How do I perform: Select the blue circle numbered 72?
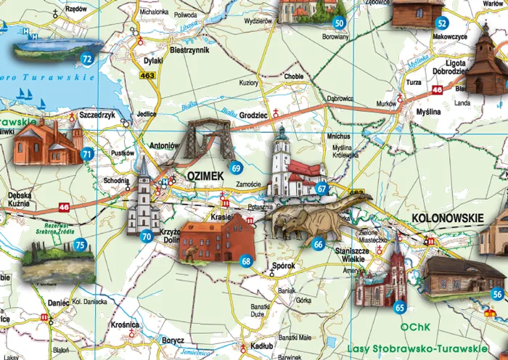pyautogui.click(x=87, y=59)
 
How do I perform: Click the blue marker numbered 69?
pyautogui.click(x=236, y=168)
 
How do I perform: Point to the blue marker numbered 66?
pyautogui.click(x=318, y=245)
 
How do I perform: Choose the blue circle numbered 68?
pyautogui.click(x=247, y=261)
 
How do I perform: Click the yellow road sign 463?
pyautogui.click(x=149, y=75)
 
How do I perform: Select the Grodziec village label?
pyautogui.click(x=253, y=114)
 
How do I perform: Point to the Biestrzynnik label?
pyautogui.click(x=189, y=52)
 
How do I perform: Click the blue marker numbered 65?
pyautogui.click(x=399, y=308)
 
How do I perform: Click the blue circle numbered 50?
pyautogui.click(x=339, y=23)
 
